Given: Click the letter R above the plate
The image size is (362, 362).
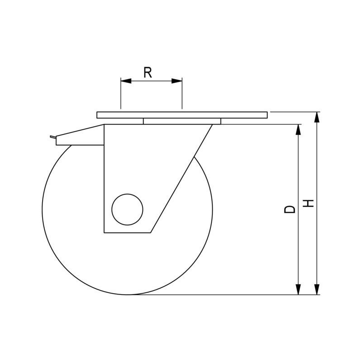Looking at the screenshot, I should tap(148, 72).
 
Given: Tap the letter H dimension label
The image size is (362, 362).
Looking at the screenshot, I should tap(309, 203).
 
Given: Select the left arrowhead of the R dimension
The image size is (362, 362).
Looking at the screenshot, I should tap(126, 81).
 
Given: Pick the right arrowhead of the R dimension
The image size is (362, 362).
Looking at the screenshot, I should tap(177, 81).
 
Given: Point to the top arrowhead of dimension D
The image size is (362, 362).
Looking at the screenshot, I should tap(298, 129).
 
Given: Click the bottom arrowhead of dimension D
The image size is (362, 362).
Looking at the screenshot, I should tap(298, 290).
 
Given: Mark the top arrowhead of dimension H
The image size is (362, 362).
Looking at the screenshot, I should tap(317, 117).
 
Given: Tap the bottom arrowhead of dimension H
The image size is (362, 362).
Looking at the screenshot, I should tap(317, 290).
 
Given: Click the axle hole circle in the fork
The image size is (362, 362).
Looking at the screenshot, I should tap(127, 209).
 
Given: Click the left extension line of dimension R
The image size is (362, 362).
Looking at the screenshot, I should tap(121, 95).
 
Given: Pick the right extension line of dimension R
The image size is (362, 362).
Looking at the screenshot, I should tap(182, 95).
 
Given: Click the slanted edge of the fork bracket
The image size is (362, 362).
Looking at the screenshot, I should tap(181, 179).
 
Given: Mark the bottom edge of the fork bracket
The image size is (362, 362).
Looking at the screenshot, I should tap(127, 233).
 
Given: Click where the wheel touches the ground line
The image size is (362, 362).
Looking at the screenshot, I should tap(127, 295).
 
